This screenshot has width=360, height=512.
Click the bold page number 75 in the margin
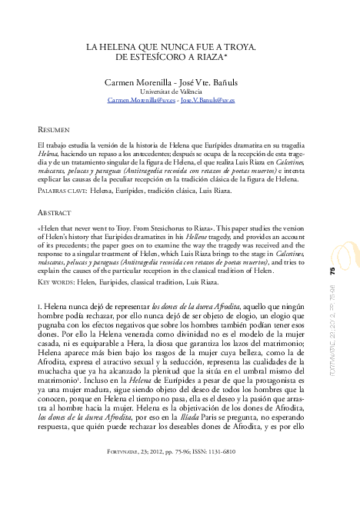pyautogui.click(x=332, y=271)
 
